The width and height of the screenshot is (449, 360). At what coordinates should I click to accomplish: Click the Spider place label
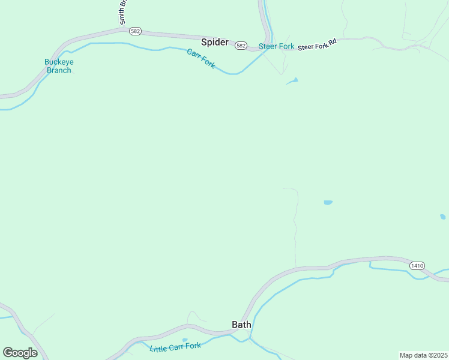click(x=214, y=42)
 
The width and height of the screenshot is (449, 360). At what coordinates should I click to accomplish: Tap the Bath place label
click(x=241, y=325)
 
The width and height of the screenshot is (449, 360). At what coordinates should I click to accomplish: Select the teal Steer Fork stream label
click(x=276, y=46)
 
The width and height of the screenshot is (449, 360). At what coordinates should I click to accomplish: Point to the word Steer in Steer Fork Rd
click(x=306, y=46)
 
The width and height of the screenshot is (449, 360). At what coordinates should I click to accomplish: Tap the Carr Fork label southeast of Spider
click(x=200, y=58)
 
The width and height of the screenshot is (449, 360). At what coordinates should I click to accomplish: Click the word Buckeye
click(x=58, y=62)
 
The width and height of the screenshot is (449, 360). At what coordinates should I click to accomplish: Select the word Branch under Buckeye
click(x=59, y=70)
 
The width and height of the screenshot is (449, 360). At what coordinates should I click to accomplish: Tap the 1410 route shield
click(x=418, y=265)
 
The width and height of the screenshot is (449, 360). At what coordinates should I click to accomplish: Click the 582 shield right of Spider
click(x=241, y=45)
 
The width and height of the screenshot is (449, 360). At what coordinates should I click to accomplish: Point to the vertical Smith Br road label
click(x=123, y=12)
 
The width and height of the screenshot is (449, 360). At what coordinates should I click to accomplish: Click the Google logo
click(x=20, y=353)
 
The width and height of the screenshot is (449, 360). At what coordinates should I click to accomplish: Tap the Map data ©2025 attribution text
click(x=423, y=355)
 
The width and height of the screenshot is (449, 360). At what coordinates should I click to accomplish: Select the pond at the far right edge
click(x=443, y=217)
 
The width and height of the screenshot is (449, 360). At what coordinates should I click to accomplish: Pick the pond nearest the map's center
click(x=328, y=203)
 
